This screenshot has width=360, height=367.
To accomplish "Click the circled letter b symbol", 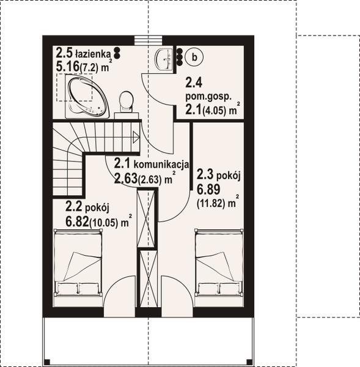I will tap(194, 57).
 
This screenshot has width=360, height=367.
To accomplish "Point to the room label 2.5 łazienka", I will tap(82, 53).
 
